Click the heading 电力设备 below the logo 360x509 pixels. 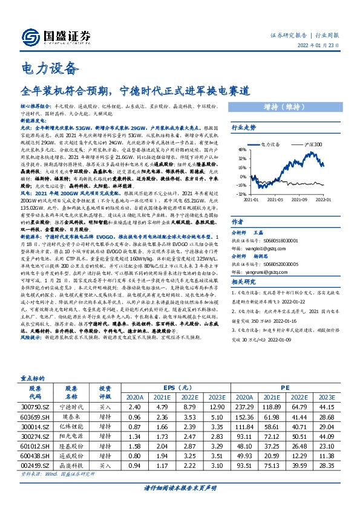point(50,67)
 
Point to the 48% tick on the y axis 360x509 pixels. point(241,149)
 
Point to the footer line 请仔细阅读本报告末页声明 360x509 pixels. point(180,487)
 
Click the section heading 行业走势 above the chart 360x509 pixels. point(244,128)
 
